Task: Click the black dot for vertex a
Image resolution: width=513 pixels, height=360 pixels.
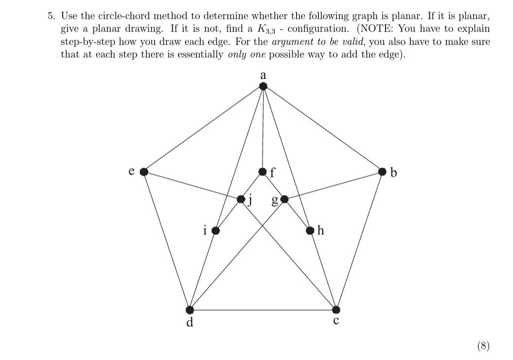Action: tap(263, 87)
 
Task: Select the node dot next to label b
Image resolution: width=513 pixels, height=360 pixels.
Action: tap(383, 171)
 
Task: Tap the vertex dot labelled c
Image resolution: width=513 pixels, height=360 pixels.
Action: tap(336, 309)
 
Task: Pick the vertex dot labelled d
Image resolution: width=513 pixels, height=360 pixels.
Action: tap(190, 309)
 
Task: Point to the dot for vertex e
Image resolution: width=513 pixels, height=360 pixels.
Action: tap(143, 171)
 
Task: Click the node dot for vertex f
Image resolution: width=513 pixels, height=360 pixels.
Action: tap(263, 171)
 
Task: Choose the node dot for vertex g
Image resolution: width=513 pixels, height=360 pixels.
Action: tap(284, 199)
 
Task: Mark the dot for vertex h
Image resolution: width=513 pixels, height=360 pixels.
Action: tap(310, 230)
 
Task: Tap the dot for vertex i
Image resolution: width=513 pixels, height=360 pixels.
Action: tap(215, 230)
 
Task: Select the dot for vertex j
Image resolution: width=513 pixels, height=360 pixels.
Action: tap(241, 199)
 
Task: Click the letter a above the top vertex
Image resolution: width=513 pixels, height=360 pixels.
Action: tap(263, 75)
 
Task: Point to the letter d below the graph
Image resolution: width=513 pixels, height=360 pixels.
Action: tap(190, 322)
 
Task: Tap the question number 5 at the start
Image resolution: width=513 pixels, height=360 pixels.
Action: tap(50, 16)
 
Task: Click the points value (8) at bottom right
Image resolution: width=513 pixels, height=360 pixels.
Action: tap(483, 345)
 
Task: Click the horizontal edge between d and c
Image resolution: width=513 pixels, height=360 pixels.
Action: tap(263, 309)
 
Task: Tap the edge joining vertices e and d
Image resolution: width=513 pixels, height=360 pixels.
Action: tap(166, 240)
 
